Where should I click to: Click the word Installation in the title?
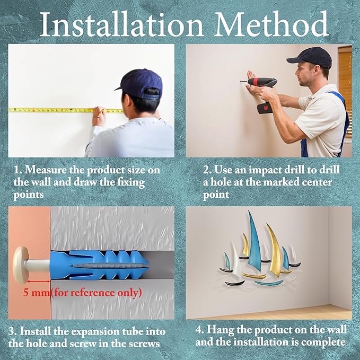(121, 24)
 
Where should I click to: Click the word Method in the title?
(271, 24)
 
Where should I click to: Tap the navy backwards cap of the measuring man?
(140, 83)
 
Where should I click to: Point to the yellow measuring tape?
(66, 110)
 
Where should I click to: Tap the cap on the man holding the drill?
(310, 57)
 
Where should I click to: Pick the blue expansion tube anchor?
(99, 265)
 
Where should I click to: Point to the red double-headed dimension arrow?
(39, 281)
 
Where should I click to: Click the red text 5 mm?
(37, 293)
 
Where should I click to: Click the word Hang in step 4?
(221, 330)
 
